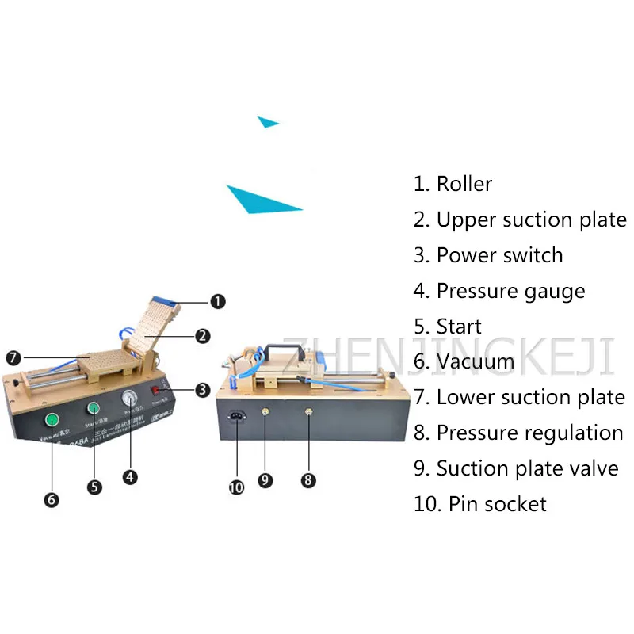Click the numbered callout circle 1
tap(218, 301)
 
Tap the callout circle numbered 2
tap(203, 336)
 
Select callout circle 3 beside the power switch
tap(202, 389)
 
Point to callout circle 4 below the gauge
tap(131, 477)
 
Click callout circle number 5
tap(94, 487)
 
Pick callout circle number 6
tap(52, 499)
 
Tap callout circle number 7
tap(13, 357)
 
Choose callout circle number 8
tap(307, 479)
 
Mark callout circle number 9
tap(265, 479)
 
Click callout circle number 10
tap(235, 487)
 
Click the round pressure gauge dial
tap(130, 401)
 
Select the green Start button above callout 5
tap(94, 410)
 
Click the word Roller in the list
tap(464, 184)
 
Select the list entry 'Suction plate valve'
tap(527, 468)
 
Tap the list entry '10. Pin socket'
tap(479, 503)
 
